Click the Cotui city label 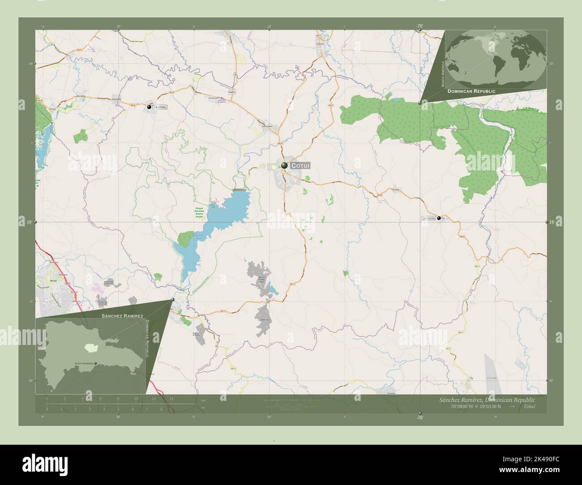pos(300,166)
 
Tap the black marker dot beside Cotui pos(284,166)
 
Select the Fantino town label pos(160,107)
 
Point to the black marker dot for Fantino pos(149,107)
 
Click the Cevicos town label pos(428,218)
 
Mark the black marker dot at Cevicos pos(439,218)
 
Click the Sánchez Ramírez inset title pos(122,316)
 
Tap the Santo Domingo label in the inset pos(84,363)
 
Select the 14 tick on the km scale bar pos(171,399)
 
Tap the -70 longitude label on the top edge pos(419,26)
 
